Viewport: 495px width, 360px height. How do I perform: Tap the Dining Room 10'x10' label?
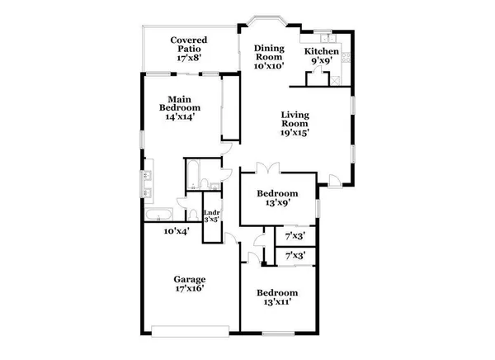(270, 57)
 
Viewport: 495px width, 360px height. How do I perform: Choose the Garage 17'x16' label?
(189, 284)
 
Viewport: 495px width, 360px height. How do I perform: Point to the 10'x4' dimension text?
(177, 231)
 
